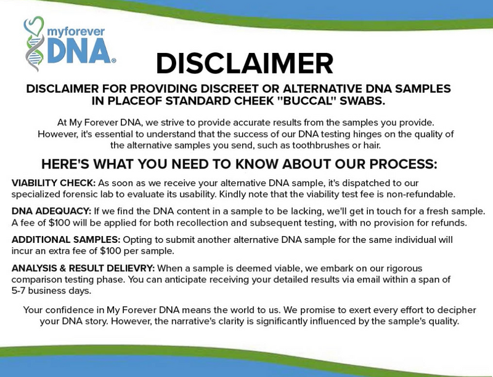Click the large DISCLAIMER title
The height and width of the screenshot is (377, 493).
pos(244,64)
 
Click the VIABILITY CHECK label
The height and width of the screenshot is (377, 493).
pos(53,183)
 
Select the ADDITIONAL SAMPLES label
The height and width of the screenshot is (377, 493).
pos(66,239)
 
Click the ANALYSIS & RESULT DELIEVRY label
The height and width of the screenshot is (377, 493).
pos(83,268)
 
